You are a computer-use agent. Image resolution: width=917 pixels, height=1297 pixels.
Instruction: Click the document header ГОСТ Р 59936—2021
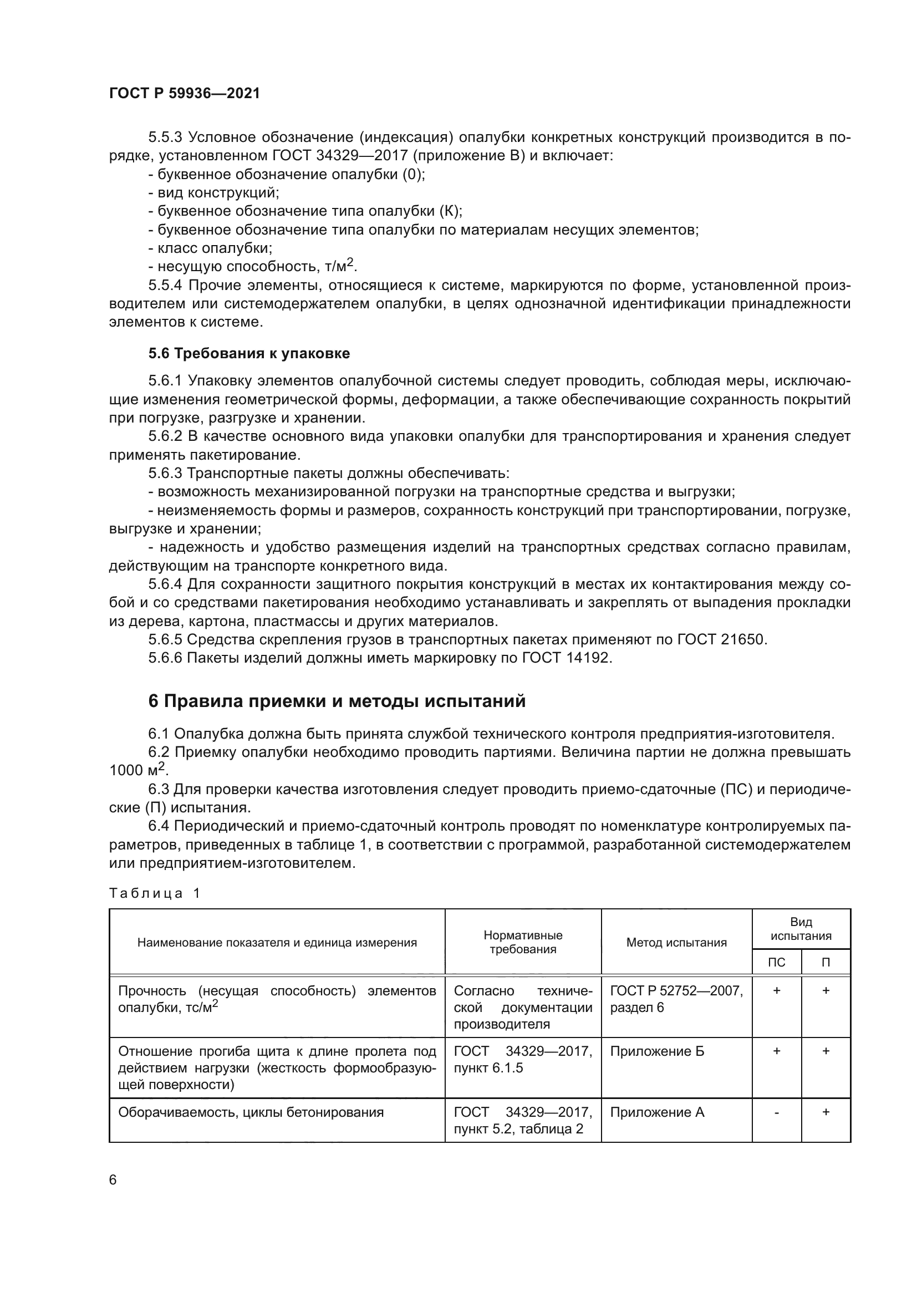(185, 93)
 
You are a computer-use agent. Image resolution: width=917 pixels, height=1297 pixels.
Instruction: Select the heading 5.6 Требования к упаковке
(249, 353)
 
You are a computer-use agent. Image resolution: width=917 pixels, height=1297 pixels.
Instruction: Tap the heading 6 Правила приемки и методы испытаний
(337, 701)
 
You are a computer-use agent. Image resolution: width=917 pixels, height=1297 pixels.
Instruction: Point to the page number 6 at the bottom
(113, 1180)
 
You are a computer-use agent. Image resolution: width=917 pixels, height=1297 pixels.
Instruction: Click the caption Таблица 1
(155, 893)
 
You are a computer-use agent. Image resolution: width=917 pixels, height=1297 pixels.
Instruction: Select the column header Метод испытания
(676, 942)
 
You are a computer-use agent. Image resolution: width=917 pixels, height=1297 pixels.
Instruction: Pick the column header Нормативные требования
(522, 942)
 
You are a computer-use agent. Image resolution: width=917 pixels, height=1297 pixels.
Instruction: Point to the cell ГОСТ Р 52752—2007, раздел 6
(676, 999)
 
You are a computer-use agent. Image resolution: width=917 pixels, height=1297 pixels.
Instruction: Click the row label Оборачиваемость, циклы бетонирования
(251, 1112)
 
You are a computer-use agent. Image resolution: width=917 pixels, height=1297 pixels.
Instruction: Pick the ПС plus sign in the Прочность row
(776, 990)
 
